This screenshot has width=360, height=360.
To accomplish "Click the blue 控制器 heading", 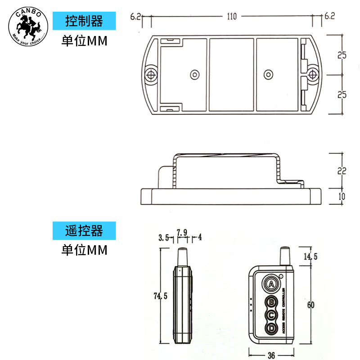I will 84,21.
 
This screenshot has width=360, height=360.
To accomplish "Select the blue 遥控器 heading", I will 84,231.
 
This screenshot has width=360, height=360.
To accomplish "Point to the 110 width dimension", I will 231,17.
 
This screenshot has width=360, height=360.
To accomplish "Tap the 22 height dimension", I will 342,171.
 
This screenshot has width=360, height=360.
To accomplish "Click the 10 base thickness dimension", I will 342,196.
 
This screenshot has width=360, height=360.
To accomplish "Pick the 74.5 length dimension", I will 157,296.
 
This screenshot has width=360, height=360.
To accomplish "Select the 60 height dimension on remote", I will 310,305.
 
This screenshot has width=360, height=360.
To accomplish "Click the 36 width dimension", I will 271,355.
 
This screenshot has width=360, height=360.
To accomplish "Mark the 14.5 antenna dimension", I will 310,256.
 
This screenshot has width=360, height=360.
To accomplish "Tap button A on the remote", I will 271,283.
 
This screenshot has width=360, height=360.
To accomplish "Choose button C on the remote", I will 271,315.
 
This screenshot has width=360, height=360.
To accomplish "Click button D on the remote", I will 271,329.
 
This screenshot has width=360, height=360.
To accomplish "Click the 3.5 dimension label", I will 163,238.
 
